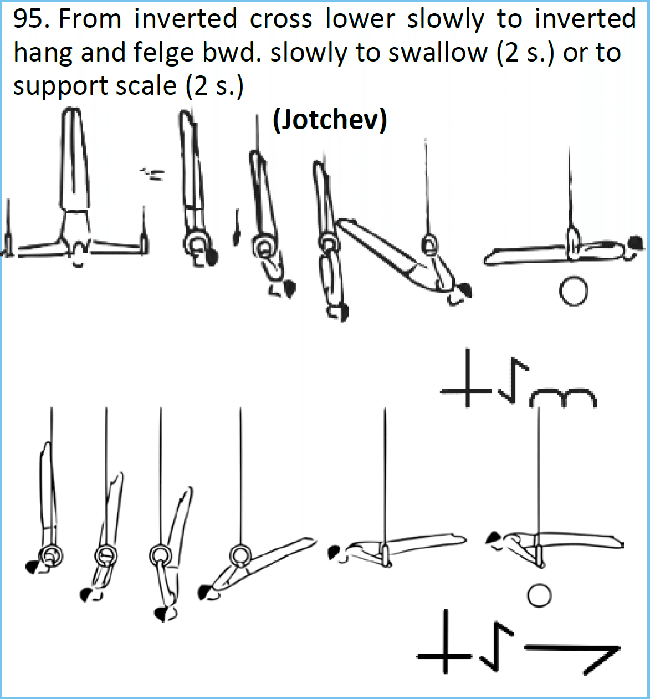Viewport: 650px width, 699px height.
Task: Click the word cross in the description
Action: tap(280, 19)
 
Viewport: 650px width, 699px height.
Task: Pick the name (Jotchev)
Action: tap(330, 119)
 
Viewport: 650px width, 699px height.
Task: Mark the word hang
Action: tap(43, 54)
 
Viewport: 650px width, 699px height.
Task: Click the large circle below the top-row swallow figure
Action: tap(573, 292)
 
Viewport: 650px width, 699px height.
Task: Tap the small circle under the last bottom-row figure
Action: tap(539, 595)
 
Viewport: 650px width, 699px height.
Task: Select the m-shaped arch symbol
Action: tap(562, 397)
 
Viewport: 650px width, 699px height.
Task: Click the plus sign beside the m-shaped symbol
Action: tap(466, 378)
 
